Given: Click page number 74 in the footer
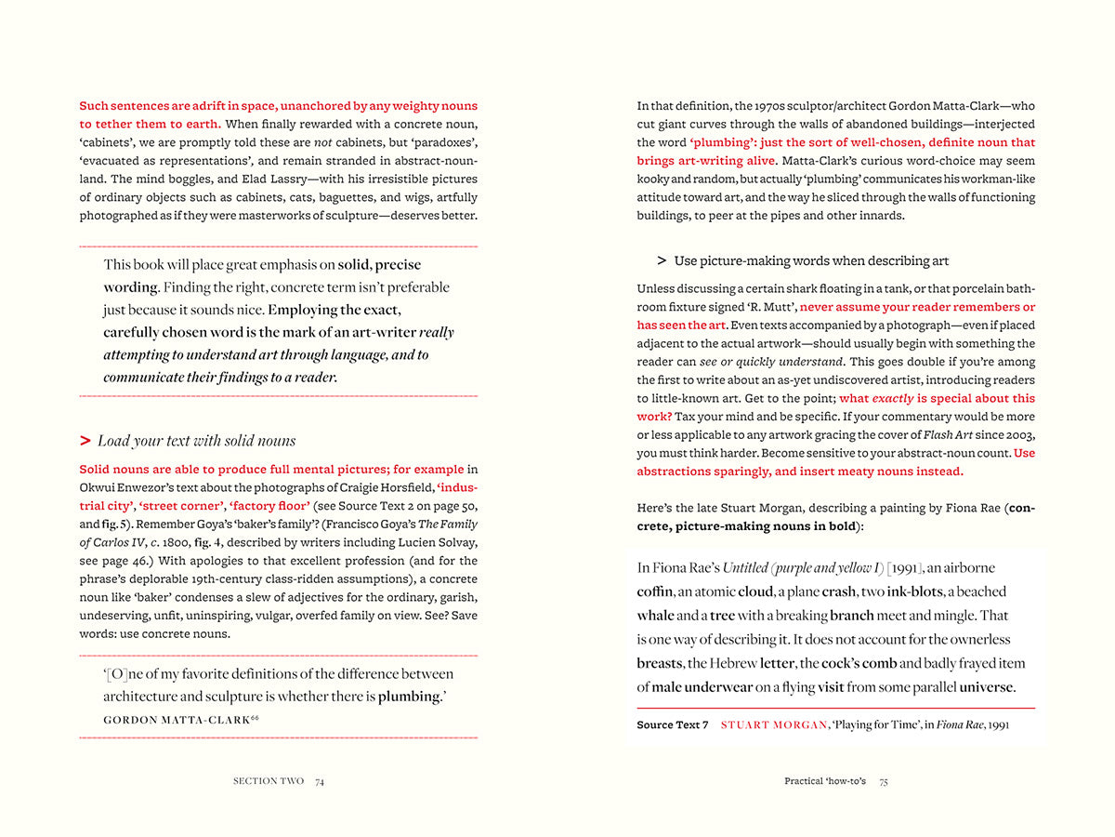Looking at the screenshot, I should point(319,781).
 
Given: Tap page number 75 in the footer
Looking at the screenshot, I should point(884,781).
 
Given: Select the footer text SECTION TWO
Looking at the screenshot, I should point(268,781).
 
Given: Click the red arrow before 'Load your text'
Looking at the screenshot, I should point(85,441).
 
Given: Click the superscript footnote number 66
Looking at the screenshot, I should point(255,717).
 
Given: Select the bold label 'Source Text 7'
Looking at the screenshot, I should point(673,724).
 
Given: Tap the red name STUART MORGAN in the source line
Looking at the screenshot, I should point(774,724).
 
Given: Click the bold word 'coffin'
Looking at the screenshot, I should point(655,591).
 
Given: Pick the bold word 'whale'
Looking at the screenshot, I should point(655,616).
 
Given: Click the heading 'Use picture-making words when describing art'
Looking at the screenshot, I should point(811,261).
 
